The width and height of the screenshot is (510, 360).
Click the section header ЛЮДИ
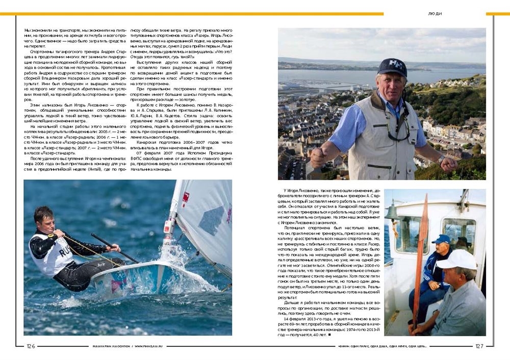[x=435, y=13]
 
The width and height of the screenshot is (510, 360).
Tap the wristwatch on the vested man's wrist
[x=440, y=160]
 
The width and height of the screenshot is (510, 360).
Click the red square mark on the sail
[x=186, y=196]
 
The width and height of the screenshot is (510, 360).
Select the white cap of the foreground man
[x=456, y=260]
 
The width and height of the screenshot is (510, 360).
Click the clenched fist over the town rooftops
[x=318, y=158]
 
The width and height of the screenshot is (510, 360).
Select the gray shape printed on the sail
[x=211, y=219]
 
